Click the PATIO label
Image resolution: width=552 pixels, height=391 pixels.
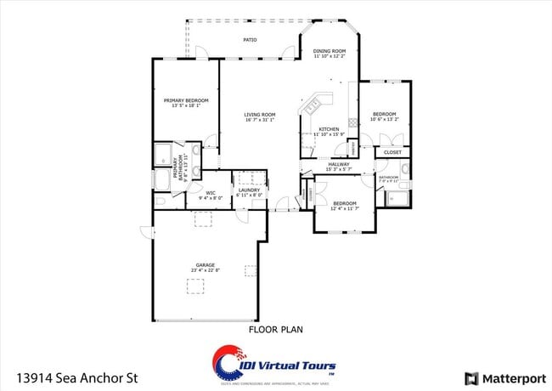click(250, 40)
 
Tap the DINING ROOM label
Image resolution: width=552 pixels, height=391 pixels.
click(329, 51)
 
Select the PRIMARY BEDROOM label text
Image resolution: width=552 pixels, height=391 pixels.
click(185, 100)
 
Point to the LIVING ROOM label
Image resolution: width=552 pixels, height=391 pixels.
click(260, 115)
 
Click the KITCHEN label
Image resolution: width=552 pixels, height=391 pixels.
click(329, 128)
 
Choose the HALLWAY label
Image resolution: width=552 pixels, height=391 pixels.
click(338, 164)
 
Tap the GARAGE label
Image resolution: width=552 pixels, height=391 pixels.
click(205, 264)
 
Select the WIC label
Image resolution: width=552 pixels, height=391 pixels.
click(210, 190)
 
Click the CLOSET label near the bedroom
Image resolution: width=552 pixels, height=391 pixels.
click(392, 152)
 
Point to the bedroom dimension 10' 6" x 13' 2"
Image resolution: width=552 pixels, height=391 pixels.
click(384, 120)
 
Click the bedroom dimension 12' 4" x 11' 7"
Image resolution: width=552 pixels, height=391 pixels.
click(345, 208)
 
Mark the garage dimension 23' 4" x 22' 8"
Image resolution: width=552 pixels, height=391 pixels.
click(205, 270)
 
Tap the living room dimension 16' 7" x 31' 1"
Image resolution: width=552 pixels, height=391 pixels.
click(260, 121)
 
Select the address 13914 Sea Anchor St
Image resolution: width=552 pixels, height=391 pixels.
click(76, 377)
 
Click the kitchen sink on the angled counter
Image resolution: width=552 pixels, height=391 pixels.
click(312, 105)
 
